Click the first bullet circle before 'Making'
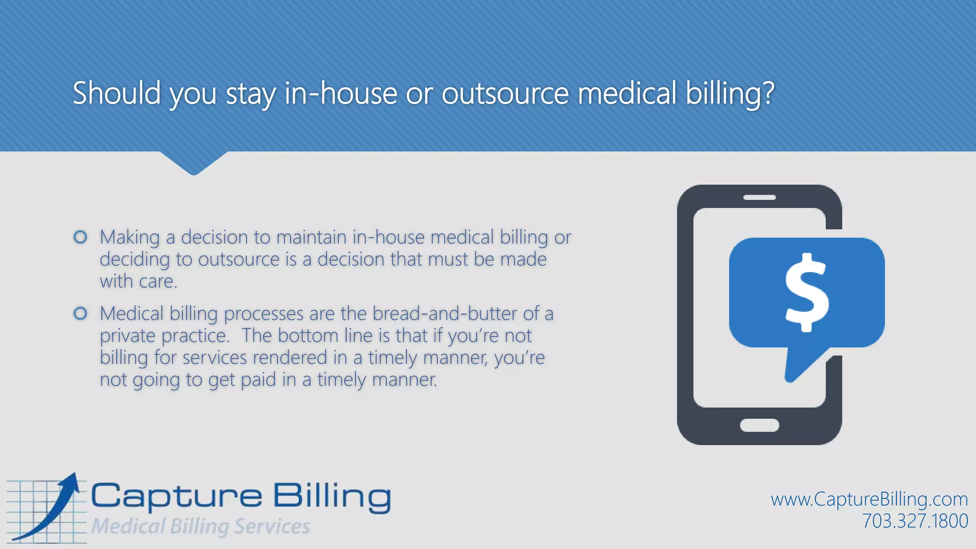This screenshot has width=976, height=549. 81,237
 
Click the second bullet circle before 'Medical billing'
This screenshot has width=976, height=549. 81,313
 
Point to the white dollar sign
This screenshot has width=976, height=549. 807,292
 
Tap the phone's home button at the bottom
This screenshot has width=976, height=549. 759,425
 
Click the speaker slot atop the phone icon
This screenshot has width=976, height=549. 759,197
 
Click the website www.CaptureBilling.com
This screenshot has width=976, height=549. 869,499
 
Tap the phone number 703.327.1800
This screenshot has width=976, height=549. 915,521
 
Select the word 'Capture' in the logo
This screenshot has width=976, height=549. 176,497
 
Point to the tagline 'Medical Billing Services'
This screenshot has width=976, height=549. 201,527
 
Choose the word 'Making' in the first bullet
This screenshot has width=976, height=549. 130,237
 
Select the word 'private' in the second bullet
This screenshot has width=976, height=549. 127,336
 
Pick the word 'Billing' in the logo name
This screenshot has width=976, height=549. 332,497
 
